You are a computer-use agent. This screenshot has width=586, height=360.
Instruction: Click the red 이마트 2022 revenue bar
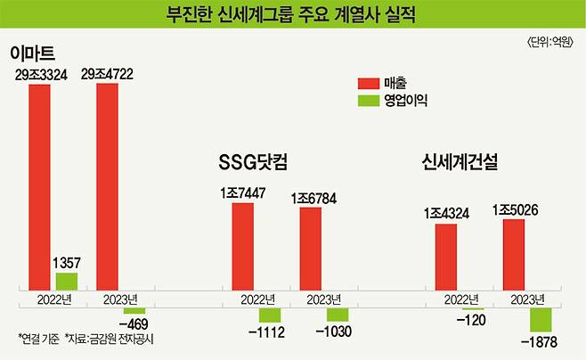[39, 187]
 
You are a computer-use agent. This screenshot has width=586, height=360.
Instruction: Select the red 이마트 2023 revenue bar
[108, 187]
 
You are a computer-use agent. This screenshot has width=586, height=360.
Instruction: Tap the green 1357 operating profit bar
[67, 282]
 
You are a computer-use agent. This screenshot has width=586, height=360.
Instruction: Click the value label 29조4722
[109, 76]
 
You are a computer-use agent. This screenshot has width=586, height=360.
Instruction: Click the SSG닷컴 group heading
[257, 163]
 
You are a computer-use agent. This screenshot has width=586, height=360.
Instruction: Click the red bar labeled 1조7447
[243, 246]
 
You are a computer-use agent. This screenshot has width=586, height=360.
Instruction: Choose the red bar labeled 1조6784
[311, 249]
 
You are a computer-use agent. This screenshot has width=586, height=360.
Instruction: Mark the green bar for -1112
[270, 315]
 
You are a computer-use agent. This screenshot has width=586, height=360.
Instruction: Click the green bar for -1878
[541, 319]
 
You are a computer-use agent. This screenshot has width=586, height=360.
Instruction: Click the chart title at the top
[292, 15]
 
